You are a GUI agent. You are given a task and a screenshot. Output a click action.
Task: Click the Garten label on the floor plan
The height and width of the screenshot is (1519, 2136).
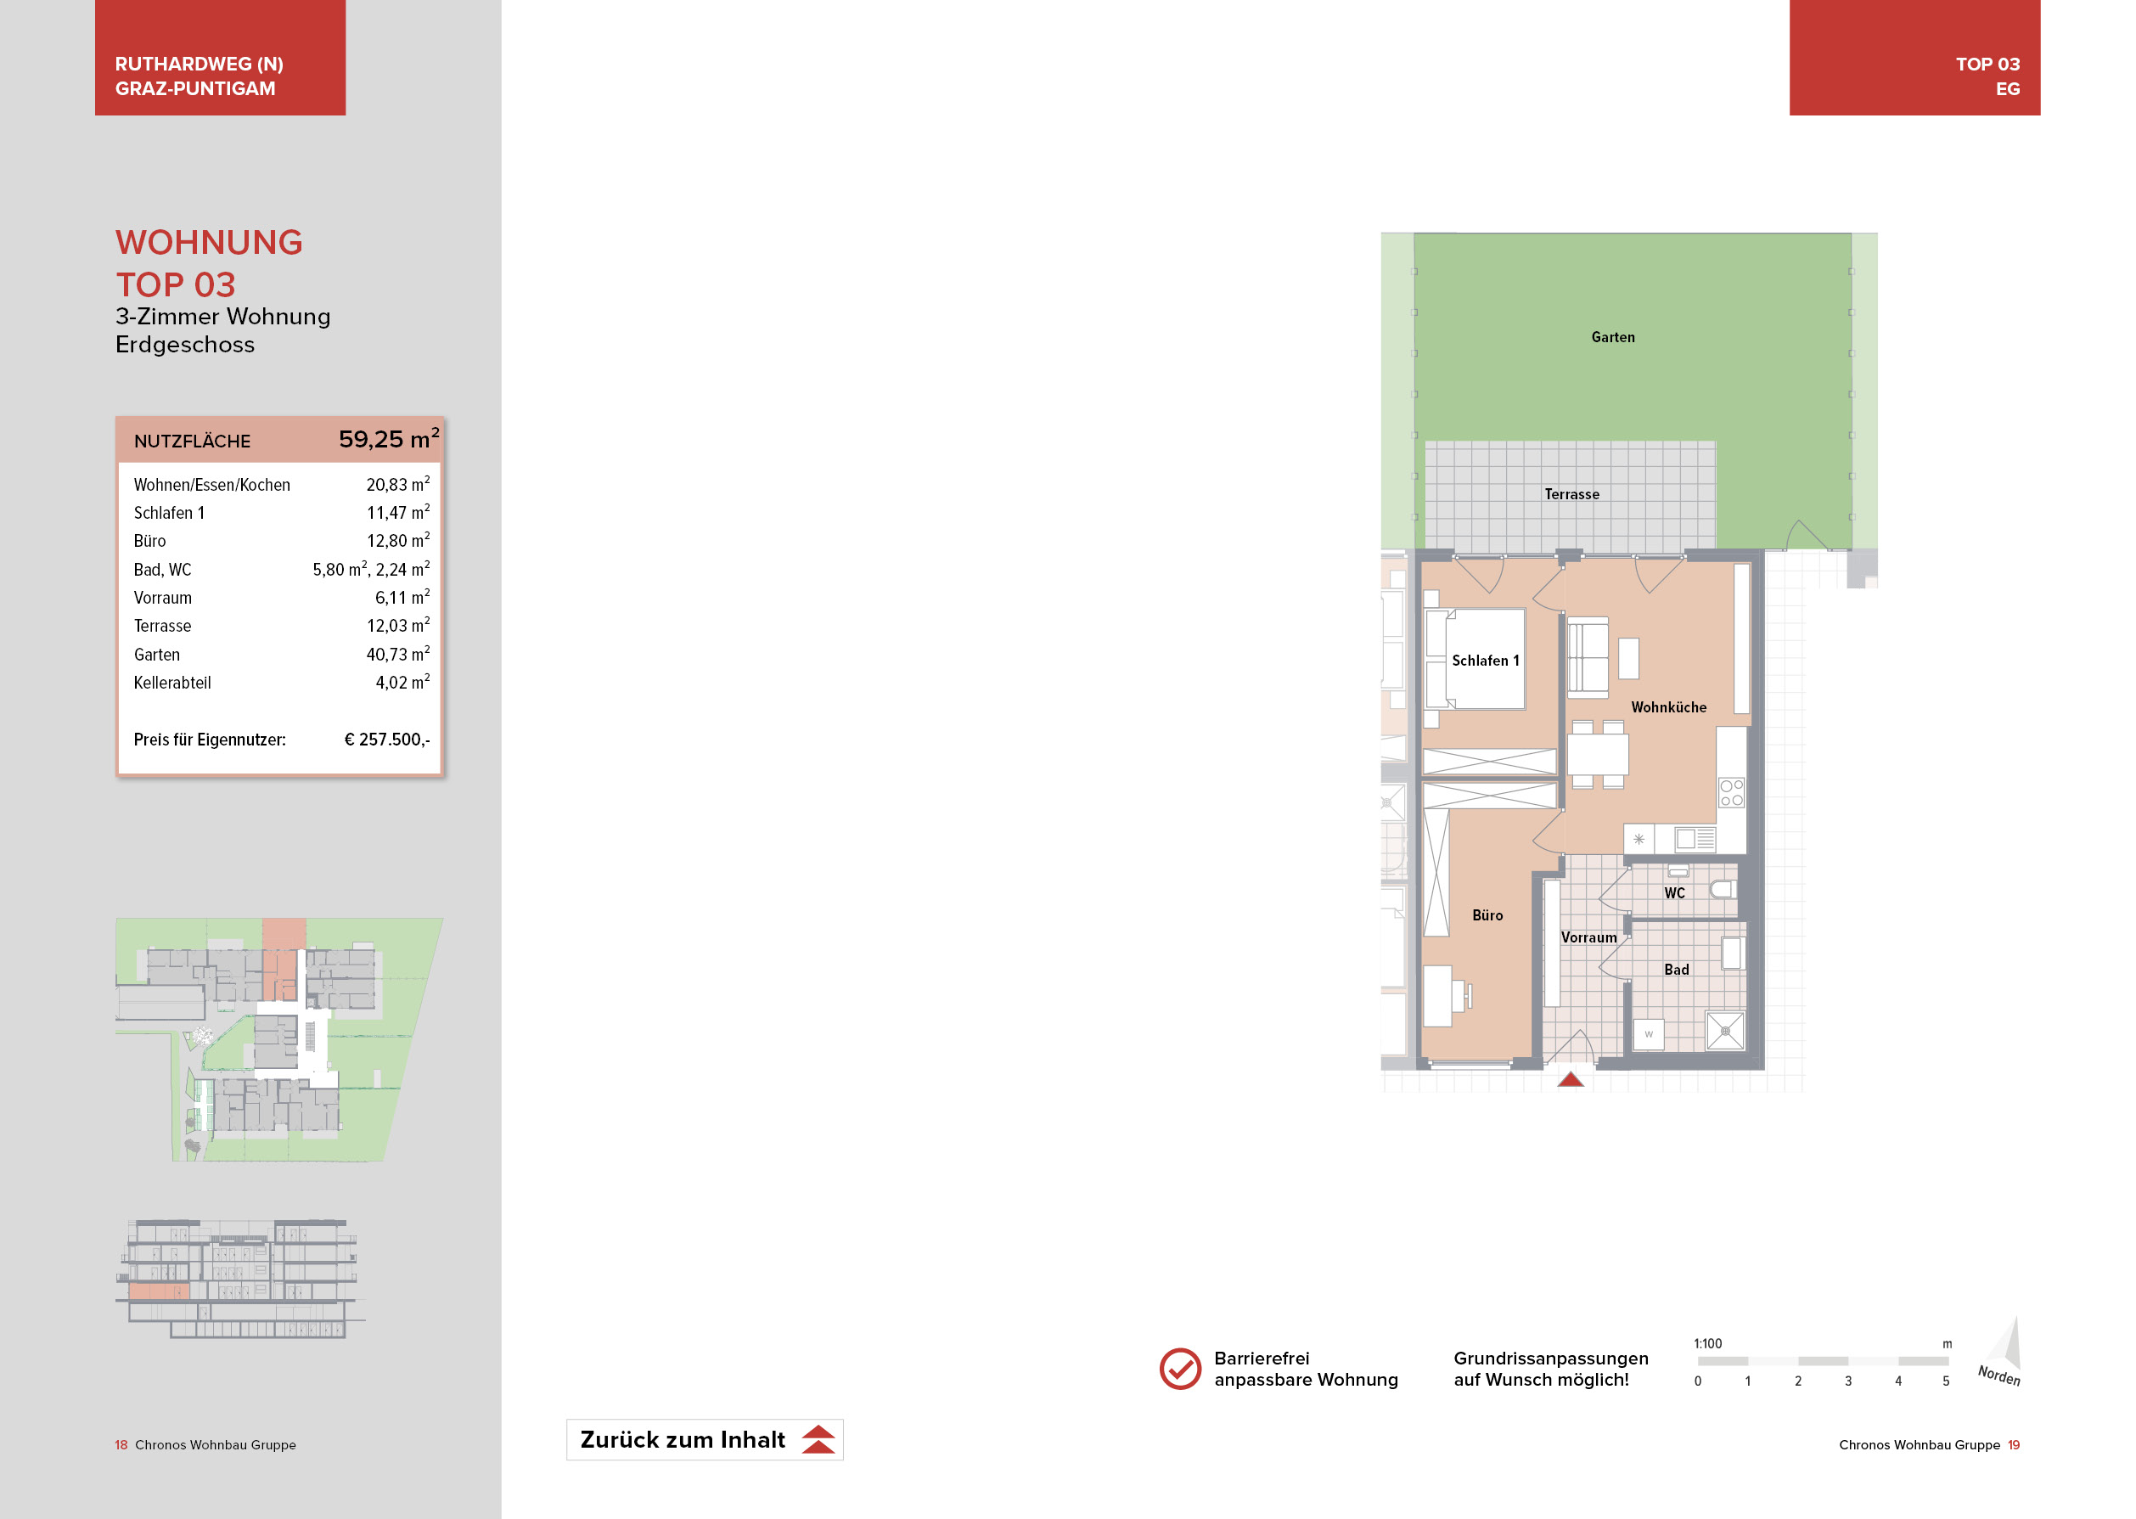pyautogui.click(x=1612, y=337)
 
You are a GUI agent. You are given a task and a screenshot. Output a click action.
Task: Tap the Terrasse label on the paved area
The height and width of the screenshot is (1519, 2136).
pyautogui.click(x=1571, y=494)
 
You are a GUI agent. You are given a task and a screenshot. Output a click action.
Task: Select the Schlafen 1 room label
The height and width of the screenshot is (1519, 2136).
pyautogui.click(x=1485, y=661)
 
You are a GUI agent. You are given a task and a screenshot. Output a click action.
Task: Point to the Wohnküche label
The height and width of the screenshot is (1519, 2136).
pyautogui.click(x=1668, y=707)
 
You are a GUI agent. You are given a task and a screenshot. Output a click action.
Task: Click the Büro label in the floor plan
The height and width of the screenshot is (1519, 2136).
pyautogui.click(x=1487, y=914)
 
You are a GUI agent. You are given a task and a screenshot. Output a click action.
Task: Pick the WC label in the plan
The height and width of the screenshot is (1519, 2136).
pyautogui.click(x=1674, y=892)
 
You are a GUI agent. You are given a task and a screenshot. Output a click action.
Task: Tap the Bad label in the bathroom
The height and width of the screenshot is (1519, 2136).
pyautogui.click(x=1676, y=969)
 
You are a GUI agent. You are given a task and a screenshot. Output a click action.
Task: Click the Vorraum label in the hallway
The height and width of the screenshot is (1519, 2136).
pyautogui.click(x=1588, y=937)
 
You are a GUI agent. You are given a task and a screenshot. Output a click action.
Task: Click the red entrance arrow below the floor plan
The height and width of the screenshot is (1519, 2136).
pyautogui.click(x=1571, y=1079)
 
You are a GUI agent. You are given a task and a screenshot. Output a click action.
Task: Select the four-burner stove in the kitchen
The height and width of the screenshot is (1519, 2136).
pyautogui.click(x=1731, y=792)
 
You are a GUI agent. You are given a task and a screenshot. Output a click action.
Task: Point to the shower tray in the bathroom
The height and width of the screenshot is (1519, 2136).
pyautogui.click(x=1724, y=1031)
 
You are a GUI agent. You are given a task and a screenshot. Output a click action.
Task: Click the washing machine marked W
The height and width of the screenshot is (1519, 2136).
pyautogui.click(x=1648, y=1033)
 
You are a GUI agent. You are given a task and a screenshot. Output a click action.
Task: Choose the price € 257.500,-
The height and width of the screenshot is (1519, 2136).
pyautogui.click(x=386, y=739)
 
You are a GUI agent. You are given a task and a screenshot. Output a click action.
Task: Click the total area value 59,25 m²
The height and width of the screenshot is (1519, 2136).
pyautogui.click(x=388, y=439)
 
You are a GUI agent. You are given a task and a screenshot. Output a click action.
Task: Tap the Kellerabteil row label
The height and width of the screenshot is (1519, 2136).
pyautogui.click(x=172, y=683)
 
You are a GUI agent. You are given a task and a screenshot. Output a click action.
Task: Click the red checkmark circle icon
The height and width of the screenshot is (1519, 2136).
pyautogui.click(x=1179, y=1369)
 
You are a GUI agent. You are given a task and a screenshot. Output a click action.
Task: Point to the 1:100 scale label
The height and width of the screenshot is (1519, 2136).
pyautogui.click(x=1706, y=1343)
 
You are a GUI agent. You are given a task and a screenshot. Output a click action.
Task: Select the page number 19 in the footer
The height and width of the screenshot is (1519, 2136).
pyautogui.click(x=2014, y=1444)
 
